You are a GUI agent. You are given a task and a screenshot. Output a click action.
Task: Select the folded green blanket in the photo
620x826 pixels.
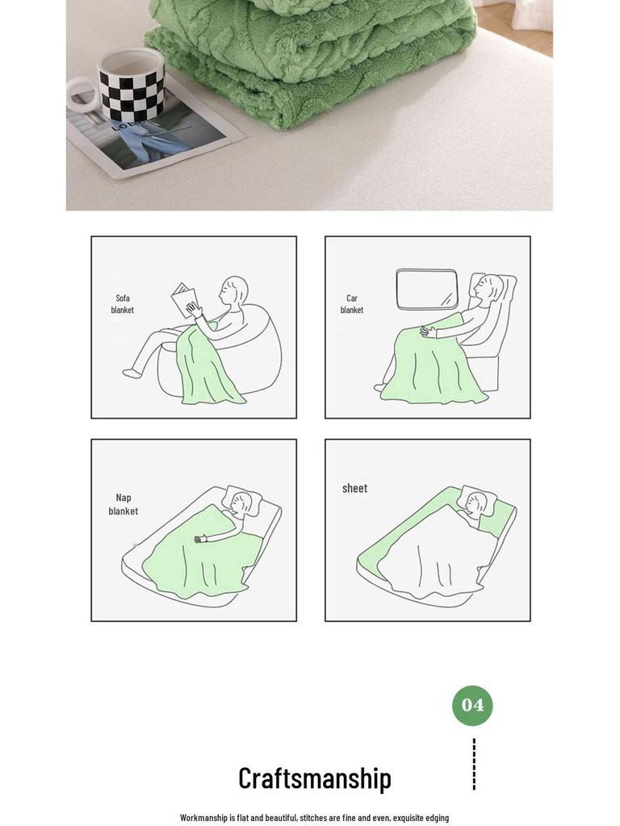(311, 58)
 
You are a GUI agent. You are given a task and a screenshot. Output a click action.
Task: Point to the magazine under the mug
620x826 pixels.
(153, 137)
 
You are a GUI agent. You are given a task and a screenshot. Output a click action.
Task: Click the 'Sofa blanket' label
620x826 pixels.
(123, 304)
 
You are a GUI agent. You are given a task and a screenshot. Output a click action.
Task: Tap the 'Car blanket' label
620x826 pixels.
(352, 304)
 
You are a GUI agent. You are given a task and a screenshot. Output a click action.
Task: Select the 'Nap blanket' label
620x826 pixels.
(124, 504)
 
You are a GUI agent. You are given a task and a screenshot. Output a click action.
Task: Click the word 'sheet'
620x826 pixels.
(355, 488)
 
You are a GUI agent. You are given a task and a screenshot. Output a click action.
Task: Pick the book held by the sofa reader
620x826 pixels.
(185, 300)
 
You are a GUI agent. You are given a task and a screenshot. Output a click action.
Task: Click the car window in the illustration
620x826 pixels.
(427, 290)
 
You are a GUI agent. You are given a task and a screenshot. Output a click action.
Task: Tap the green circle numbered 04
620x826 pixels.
(472, 705)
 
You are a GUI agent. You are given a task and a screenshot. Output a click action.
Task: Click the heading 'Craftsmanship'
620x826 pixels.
(315, 778)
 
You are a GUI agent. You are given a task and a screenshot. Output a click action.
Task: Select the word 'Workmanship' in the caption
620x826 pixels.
(203, 818)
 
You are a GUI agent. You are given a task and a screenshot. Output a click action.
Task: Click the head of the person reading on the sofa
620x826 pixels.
(234, 290)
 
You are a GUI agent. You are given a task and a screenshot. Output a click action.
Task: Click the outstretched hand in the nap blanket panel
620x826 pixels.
(201, 538)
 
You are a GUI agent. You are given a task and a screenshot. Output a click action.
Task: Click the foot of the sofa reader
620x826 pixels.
(132, 373)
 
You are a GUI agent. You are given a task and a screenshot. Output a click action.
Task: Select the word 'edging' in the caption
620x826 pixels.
(437, 818)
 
